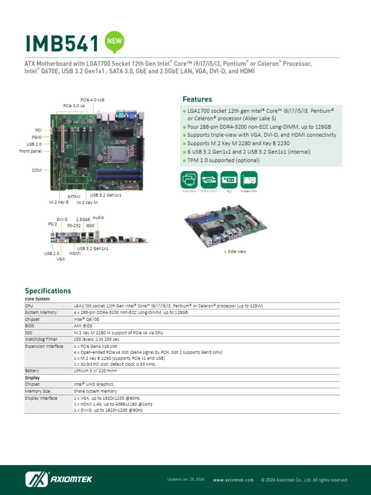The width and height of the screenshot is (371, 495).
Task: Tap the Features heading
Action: [x=197, y=99]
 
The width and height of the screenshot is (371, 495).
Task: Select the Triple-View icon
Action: [x=189, y=179]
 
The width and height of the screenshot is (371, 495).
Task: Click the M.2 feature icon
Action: [x=229, y=179]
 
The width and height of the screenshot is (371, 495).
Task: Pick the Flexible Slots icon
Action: [x=249, y=179]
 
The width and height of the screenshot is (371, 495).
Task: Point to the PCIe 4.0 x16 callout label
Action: [x=92, y=100]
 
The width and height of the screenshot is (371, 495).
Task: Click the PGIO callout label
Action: [x=37, y=137]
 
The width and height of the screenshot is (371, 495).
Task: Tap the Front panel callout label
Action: [x=31, y=151]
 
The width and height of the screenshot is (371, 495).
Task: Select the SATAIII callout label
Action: [x=74, y=197]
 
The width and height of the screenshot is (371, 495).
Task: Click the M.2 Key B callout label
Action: [x=59, y=202]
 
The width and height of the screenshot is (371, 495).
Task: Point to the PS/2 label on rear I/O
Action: [x=52, y=224]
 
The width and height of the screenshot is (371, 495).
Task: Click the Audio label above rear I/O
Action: [x=98, y=218]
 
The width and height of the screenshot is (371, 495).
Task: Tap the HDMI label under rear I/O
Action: [x=75, y=253]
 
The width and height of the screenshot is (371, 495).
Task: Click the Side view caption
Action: [x=237, y=251]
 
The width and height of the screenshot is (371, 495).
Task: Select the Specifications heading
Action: [x=48, y=291]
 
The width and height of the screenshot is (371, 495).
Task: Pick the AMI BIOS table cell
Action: [x=83, y=326]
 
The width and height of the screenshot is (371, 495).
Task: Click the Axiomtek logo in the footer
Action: [x=58, y=479]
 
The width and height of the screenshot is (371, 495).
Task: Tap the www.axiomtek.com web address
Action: [x=233, y=480]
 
